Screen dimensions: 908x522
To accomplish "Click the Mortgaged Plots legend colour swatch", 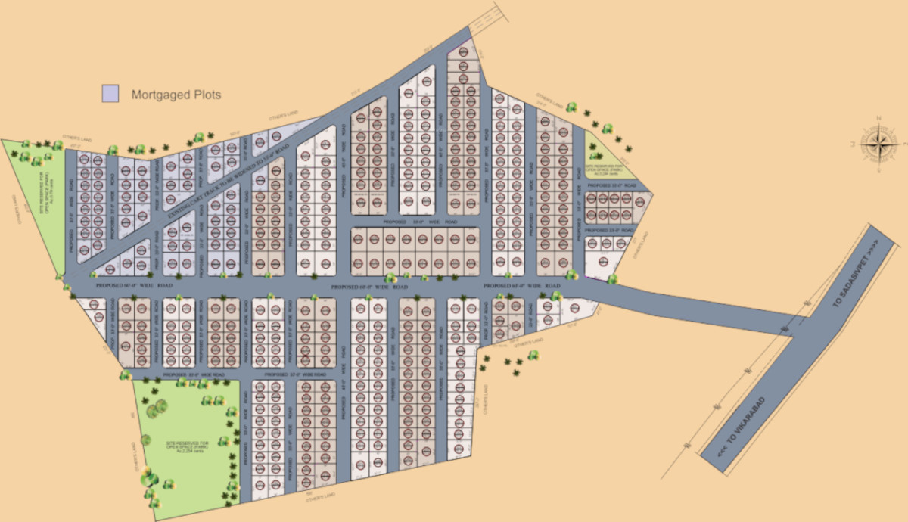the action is (110, 93).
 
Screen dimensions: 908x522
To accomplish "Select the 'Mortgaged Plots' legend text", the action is (176, 95).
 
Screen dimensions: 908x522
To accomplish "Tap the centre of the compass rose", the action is (878, 143).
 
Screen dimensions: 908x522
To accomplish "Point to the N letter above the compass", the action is (878, 119).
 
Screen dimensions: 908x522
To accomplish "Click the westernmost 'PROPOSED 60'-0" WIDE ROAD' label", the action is (135, 287).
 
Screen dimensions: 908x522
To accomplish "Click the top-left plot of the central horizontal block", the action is (359, 241).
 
